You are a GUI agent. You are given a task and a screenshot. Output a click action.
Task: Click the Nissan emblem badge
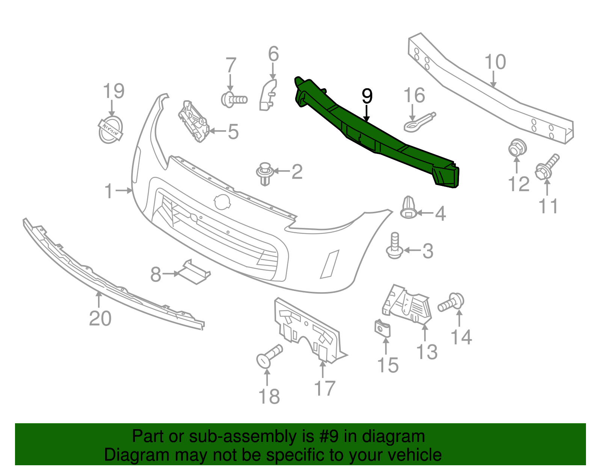(x=111, y=130)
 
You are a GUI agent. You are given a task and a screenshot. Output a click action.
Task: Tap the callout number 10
(x=495, y=62)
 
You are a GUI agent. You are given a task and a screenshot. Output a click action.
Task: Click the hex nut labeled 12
(x=517, y=148)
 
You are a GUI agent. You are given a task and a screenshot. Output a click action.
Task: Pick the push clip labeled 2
(x=265, y=173)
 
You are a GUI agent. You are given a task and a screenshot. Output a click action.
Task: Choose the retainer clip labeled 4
(x=408, y=207)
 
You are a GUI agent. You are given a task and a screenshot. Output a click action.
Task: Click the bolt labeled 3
(x=394, y=246)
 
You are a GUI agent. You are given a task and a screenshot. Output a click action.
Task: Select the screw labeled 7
(x=234, y=100)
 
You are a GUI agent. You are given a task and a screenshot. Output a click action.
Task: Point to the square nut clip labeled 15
(x=383, y=329)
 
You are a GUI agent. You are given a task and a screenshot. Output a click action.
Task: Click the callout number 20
(x=100, y=318)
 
